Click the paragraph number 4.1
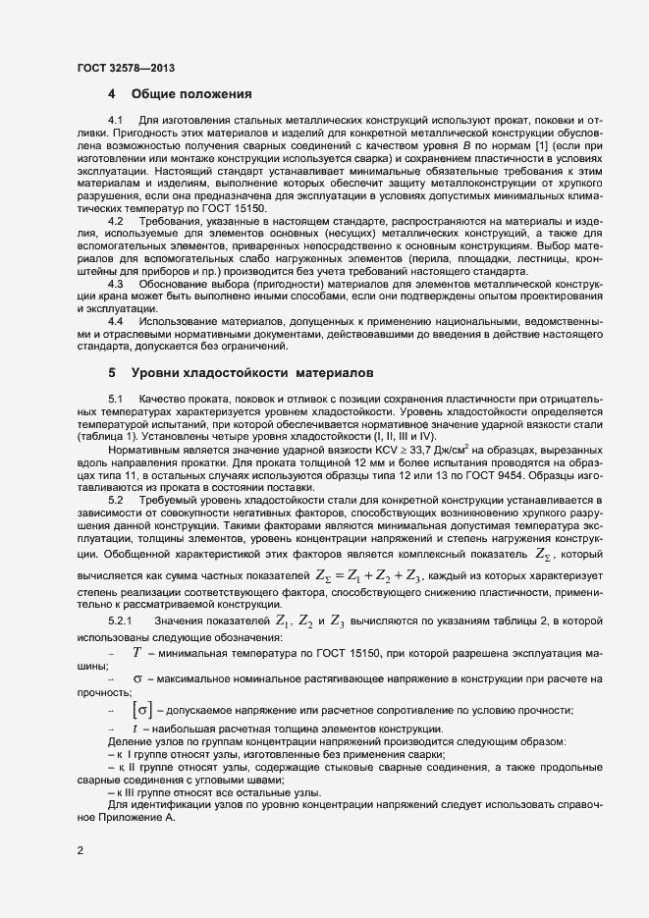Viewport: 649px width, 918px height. point(115,120)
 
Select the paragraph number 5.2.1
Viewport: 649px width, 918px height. point(119,621)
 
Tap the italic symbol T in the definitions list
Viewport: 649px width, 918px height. point(137,652)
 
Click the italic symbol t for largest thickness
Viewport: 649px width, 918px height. point(135,729)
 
